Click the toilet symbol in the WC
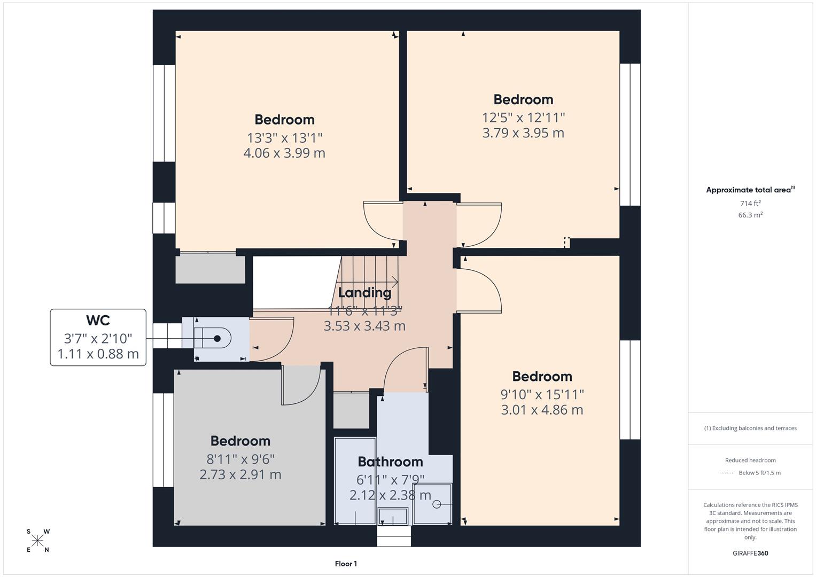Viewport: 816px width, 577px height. (214, 339)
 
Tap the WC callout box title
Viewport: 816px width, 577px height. (98, 321)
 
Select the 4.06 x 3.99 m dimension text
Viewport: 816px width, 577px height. (284, 153)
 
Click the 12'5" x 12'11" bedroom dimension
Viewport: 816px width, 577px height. (523, 117)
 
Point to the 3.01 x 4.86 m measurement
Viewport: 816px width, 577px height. (542, 410)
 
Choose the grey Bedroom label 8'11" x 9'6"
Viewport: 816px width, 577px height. (240, 441)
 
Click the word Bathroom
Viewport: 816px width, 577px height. (390, 462)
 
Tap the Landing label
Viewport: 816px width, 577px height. (364, 293)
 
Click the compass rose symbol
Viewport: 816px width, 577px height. (37, 541)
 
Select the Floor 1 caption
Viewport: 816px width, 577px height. (346, 564)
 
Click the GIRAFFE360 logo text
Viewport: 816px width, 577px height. (750, 553)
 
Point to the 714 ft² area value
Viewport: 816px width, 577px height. (750, 204)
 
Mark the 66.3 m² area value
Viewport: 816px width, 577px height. (750, 215)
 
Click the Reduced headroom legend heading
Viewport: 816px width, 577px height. (750, 460)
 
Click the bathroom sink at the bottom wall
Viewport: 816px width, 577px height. (393, 517)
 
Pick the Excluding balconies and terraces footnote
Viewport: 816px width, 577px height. (750, 428)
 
